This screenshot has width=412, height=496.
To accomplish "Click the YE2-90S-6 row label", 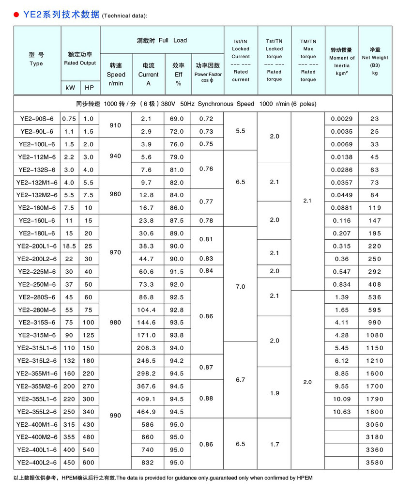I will [37, 119].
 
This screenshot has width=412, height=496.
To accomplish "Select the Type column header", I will [36, 60].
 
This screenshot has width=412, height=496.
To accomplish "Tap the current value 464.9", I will [148, 412].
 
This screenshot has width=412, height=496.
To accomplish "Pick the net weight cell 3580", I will [375, 463].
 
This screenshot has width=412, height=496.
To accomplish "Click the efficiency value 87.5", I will [178, 220].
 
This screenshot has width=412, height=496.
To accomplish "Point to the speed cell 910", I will [116, 125].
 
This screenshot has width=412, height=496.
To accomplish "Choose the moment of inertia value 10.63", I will [341, 412].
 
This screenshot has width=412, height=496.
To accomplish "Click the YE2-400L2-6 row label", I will [37, 463].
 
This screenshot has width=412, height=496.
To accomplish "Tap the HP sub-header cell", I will [89, 88].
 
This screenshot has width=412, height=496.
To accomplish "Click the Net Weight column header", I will [375, 60].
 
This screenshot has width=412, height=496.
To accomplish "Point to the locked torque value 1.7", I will [275, 444].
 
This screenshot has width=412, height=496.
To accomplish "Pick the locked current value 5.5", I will [241, 131].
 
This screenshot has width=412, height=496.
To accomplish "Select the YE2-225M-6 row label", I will [37, 272].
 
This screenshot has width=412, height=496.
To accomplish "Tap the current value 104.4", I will [148, 310].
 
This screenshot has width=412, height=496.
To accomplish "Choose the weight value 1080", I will [375, 335].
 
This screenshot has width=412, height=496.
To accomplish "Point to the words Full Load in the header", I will [173, 40].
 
